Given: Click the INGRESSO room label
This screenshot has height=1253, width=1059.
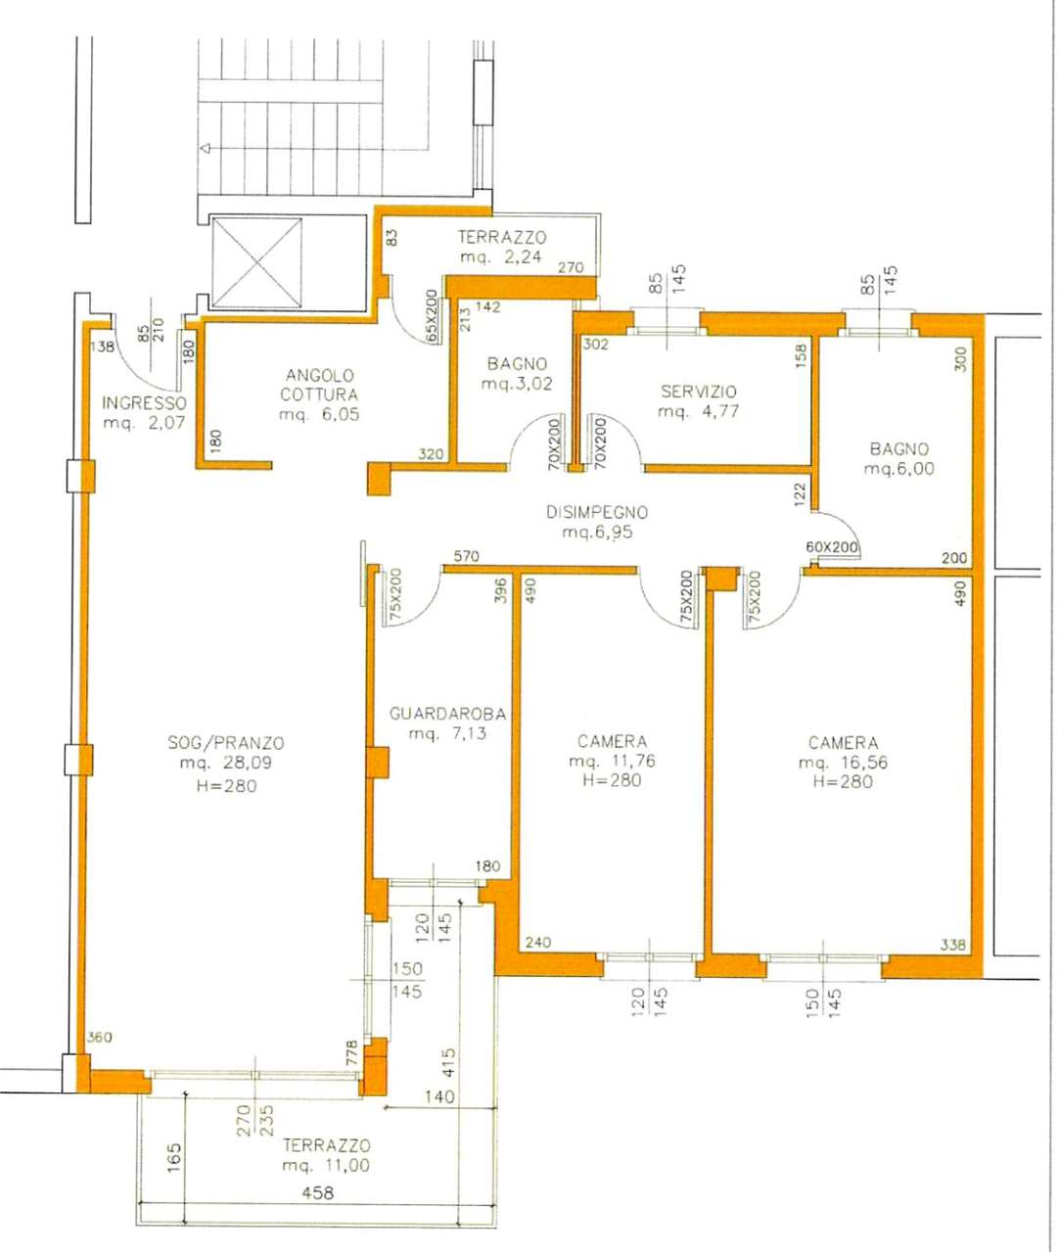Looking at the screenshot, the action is [x=144, y=403].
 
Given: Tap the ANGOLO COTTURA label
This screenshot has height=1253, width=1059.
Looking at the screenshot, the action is [x=319, y=385].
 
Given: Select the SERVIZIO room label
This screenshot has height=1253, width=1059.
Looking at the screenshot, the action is [x=698, y=392].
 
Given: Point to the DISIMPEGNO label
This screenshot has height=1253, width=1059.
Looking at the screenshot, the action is [x=597, y=512].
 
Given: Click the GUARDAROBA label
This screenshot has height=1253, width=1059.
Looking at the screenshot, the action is [x=447, y=714].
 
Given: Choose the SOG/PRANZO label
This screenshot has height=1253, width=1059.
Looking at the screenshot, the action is [x=226, y=743].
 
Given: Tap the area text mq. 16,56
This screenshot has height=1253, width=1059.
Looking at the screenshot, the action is [x=844, y=763].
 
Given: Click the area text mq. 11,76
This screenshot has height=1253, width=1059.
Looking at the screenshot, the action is [x=613, y=761].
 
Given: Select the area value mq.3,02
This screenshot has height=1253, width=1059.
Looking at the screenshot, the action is [x=517, y=384].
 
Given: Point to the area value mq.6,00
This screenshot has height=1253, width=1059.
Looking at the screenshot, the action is [x=898, y=469].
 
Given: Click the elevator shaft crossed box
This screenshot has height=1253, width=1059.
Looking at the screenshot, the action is [x=257, y=263].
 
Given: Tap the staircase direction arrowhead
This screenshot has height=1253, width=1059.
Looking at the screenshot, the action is [x=205, y=148].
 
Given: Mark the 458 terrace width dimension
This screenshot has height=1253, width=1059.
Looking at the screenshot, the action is [x=318, y=1193].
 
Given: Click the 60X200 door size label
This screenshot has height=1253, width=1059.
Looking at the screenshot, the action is [x=832, y=547].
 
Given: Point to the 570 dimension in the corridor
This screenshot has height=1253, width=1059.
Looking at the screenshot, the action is [x=466, y=556].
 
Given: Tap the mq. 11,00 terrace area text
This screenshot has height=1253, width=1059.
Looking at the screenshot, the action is [x=326, y=1165].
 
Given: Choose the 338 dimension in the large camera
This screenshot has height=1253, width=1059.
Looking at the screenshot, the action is [x=953, y=944].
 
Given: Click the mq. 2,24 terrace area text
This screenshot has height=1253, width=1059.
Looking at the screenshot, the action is [x=501, y=256].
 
